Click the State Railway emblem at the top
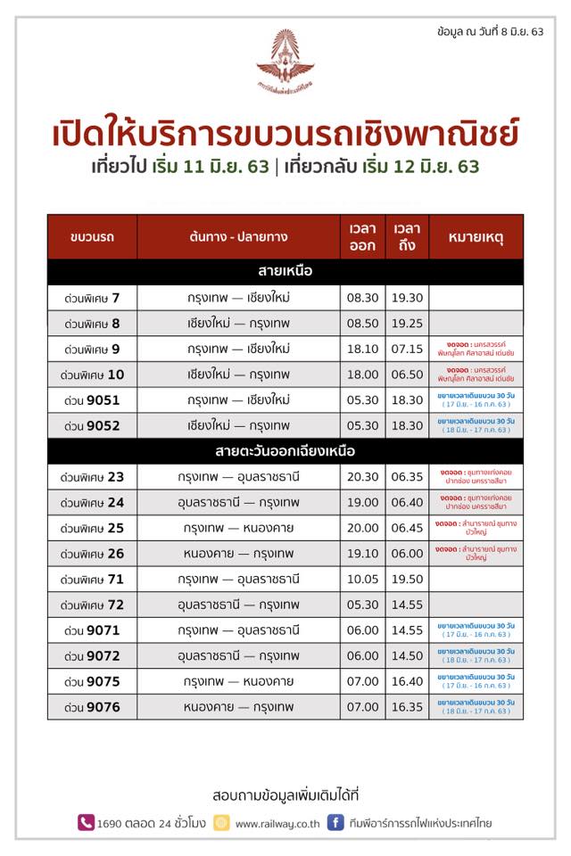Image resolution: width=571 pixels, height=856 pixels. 285,61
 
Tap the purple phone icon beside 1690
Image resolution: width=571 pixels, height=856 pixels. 86,822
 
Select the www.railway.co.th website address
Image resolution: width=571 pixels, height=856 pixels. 277,823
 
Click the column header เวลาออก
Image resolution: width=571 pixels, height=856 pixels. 363,237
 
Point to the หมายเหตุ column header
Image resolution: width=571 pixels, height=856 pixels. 476,237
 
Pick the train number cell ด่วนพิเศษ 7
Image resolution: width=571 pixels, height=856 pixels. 92,297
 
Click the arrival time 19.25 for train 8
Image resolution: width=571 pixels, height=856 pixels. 407,323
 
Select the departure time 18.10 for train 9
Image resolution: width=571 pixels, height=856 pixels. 363,349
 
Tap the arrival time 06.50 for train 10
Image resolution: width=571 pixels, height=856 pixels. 407,374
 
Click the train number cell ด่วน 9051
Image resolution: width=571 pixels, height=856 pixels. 92,400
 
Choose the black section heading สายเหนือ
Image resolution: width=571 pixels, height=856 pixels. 285,271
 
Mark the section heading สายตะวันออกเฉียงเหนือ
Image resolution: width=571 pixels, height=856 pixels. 285,451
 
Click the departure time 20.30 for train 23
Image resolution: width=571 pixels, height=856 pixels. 363,477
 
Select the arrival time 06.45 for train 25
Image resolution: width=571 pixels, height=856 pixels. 407,529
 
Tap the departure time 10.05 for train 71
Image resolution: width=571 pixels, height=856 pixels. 363,580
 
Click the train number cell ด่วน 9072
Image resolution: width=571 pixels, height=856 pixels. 92,656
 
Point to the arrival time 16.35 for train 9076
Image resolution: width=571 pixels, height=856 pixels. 407,708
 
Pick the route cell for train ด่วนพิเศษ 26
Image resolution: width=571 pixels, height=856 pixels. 238,554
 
